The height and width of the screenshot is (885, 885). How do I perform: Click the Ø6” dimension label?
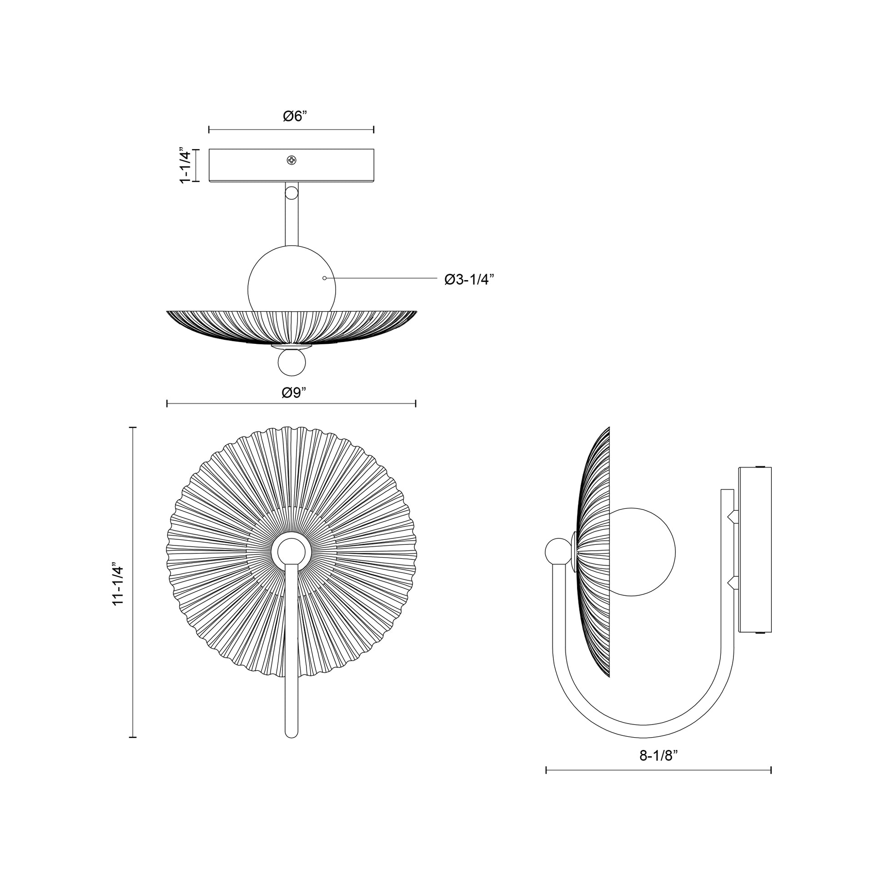294,116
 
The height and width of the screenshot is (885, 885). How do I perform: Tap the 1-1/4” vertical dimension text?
185,166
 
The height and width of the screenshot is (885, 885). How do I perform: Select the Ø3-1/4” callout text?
469,279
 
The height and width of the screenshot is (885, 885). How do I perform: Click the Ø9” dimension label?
294,392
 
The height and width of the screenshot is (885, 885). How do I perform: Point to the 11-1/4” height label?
118,585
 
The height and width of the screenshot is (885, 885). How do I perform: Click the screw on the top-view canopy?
292,160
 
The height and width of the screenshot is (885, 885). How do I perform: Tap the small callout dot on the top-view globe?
324,278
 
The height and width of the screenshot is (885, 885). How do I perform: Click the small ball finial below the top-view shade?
292,363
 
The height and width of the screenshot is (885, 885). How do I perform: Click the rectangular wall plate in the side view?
755,550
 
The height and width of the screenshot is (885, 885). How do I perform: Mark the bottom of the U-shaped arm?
644,731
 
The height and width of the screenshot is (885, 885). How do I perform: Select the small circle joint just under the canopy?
292,192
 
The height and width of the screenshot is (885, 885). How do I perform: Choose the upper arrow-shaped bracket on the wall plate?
732,516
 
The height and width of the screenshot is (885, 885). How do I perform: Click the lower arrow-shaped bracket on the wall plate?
732,583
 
